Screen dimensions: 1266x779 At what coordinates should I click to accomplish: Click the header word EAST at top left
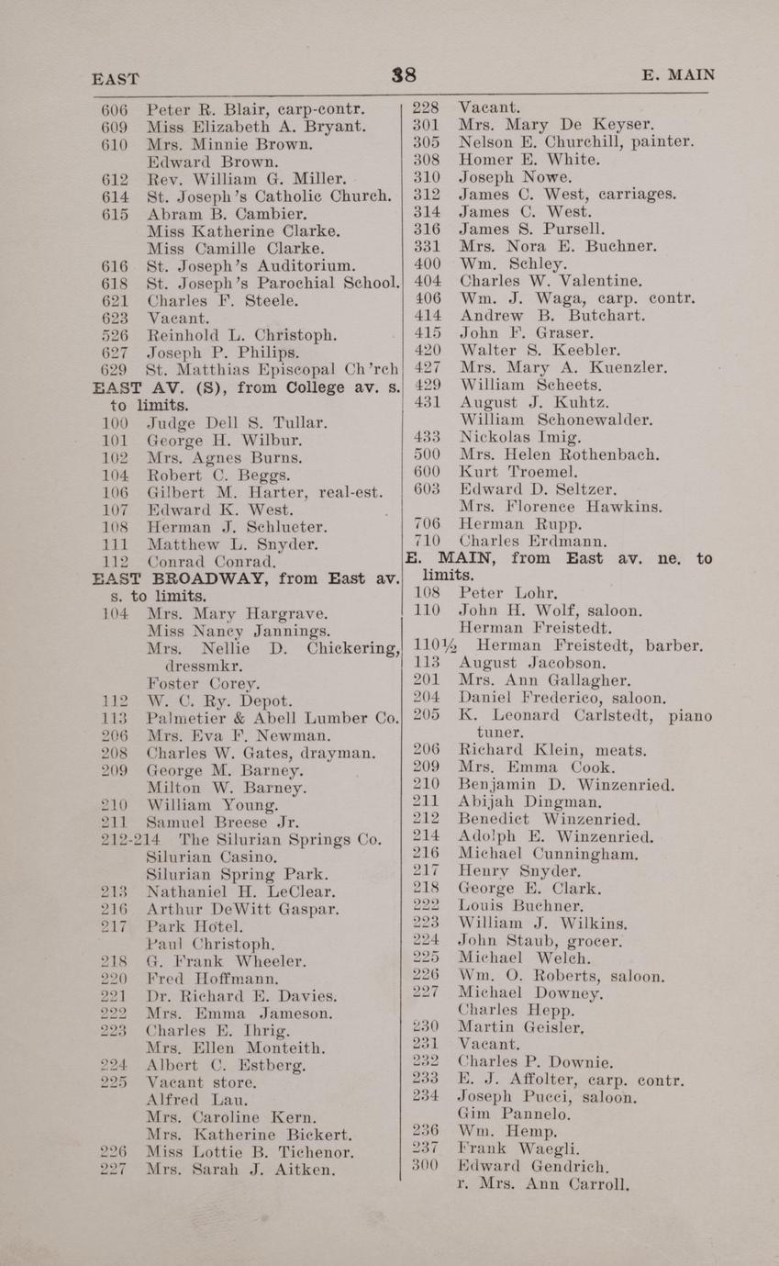click(x=116, y=79)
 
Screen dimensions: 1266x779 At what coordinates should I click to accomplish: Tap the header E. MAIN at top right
click(x=678, y=75)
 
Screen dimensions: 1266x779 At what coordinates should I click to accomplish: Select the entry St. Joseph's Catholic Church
click(x=270, y=196)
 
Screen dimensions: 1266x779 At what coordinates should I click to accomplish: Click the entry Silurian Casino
click(x=212, y=857)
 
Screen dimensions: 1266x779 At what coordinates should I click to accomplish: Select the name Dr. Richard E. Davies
click(x=242, y=995)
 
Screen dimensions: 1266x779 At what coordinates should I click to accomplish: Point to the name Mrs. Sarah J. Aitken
click(x=241, y=1170)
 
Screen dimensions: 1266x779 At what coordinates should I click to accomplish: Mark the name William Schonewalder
click(x=556, y=420)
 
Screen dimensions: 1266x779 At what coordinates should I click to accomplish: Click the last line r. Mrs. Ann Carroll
click(x=542, y=1183)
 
